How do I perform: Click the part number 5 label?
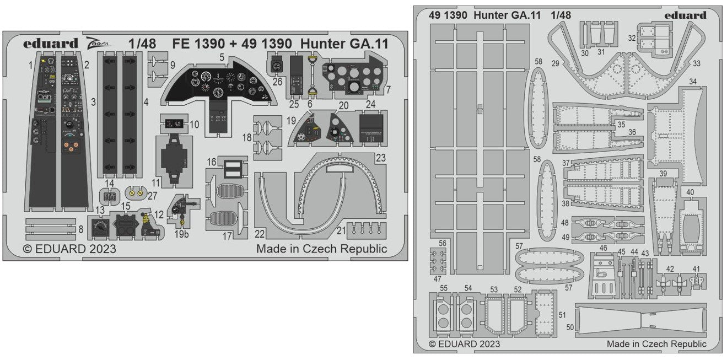(x=220, y=56)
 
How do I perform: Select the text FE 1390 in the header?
(x=196, y=43)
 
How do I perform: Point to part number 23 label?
(x=380, y=157)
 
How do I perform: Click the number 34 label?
(x=692, y=82)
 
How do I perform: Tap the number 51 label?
(x=562, y=315)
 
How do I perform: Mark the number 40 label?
(x=690, y=192)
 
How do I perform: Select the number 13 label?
(x=100, y=210)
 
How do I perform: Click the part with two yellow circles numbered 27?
(x=137, y=193)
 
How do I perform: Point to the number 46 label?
(x=603, y=248)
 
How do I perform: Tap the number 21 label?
(x=342, y=230)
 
